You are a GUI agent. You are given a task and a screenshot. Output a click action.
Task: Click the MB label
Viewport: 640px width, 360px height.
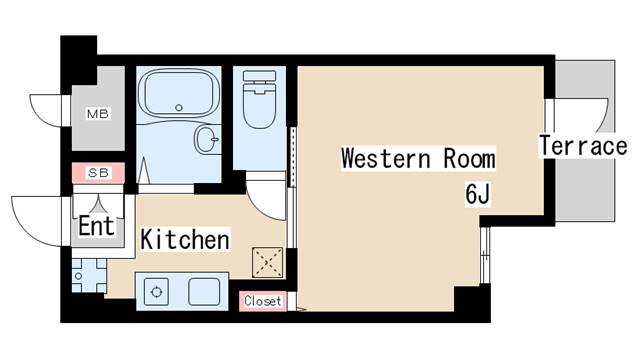pos(98,113)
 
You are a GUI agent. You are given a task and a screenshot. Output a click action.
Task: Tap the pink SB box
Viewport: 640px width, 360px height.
pos(98,173)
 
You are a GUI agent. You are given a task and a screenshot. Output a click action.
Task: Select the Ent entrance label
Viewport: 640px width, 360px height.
pos(96,226)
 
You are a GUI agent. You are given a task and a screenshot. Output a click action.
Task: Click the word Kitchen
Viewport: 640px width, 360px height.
pos(184,239)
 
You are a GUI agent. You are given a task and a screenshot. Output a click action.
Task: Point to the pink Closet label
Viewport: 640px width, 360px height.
pos(263,301)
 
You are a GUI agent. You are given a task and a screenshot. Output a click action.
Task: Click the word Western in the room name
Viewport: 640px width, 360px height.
pos(385,158)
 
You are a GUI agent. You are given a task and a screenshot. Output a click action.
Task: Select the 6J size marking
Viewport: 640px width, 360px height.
pos(478,194)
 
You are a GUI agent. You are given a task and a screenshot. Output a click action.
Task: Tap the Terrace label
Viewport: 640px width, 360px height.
pos(583,146)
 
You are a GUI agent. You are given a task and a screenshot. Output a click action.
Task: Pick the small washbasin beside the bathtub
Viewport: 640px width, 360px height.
pos(207,139)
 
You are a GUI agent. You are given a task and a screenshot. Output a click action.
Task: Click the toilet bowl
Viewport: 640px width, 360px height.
pos(259,106)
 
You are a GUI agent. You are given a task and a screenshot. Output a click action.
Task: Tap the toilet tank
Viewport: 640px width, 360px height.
pos(259,76)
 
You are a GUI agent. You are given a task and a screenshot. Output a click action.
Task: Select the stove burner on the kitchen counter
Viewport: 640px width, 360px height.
pos(156,292)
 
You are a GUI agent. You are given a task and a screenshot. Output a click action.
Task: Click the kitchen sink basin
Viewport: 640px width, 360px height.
pos(204,292)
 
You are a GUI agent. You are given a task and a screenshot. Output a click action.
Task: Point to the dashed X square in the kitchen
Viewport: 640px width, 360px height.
pos(267,262)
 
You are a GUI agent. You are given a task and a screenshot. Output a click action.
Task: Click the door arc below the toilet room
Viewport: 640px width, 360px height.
pos(261,208)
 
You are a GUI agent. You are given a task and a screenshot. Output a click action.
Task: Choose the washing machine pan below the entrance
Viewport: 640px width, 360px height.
pos(89,276)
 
